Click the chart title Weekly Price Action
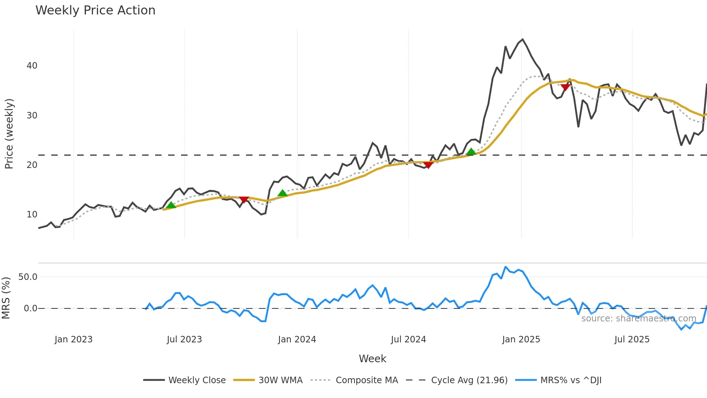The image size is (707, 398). click(x=95, y=10)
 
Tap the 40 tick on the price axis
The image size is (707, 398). click(x=32, y=66)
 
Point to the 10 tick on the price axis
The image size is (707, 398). click(x=32, y=215)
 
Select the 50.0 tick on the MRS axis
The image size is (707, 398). click(x=28, y=277)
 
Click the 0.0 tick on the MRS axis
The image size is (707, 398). click(x=30, y=308)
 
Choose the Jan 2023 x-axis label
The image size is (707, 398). click(x=74, y=339)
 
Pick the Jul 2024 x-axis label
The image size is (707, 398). click(x=408, y=339)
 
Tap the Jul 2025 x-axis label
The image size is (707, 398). click(x=632, y=339)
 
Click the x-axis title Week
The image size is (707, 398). click(x=372, y=359)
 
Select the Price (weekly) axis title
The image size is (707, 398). click(x=9, y=134)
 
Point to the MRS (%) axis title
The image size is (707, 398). click(x=6, y=298)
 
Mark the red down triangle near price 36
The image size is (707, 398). click(x=565, y=87)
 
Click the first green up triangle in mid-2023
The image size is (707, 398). click(x=171, y=205)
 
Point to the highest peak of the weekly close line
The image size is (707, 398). click(x=523, y=39)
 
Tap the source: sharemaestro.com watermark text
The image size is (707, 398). click(x=638, y=319)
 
